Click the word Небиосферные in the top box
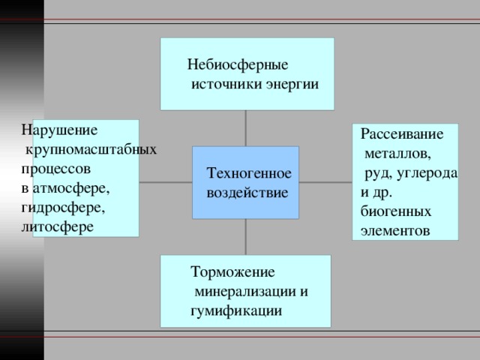tap(238, 65)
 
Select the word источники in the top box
tap(226, 84)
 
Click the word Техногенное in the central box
tap(249, 173)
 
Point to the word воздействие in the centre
tap(247, 193)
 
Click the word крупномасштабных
tap(91, 150)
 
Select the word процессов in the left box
tap(56, 169)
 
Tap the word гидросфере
tap(63, 208)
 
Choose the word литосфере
tap(58, 227)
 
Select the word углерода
tap(427, 174)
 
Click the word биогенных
tap(396, 211)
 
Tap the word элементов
tap(395, 231)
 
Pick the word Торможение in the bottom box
tap(232, 272)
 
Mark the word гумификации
tap(236, 311)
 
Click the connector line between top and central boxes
tap(245, 128)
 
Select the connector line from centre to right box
tap(325, 182)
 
